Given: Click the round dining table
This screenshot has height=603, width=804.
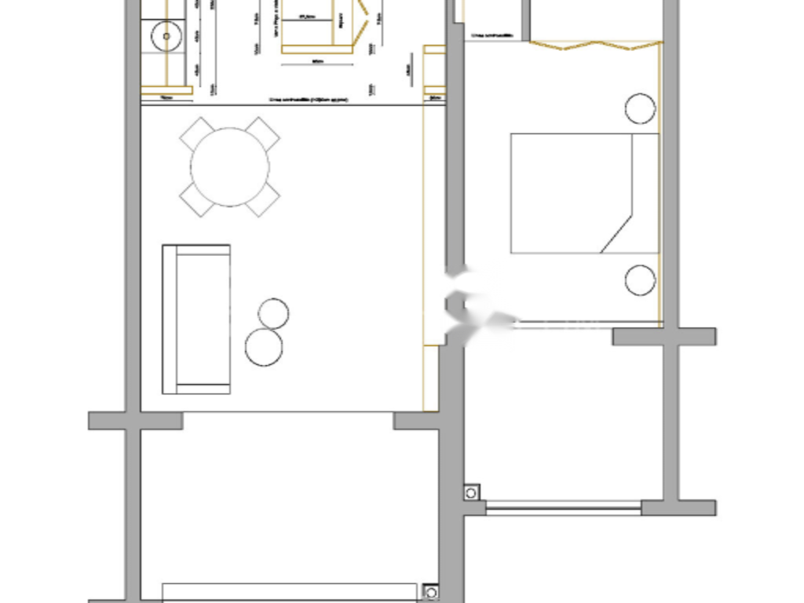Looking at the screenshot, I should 230,167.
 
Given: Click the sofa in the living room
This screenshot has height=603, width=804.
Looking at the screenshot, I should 196,319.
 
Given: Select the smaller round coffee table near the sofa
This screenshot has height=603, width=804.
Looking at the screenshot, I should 272,312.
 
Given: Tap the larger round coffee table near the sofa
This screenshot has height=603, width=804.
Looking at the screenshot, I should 264,347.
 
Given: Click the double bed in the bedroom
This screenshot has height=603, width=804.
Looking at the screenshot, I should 584,193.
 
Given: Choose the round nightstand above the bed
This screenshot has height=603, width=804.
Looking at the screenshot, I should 640,108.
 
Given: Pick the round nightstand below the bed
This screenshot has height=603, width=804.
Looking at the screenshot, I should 640,280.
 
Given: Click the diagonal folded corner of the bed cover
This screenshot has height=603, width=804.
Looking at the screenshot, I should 617,232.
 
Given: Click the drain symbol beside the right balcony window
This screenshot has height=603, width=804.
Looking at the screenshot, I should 471,493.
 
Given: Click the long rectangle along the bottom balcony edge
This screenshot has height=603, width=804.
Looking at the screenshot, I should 290,592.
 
